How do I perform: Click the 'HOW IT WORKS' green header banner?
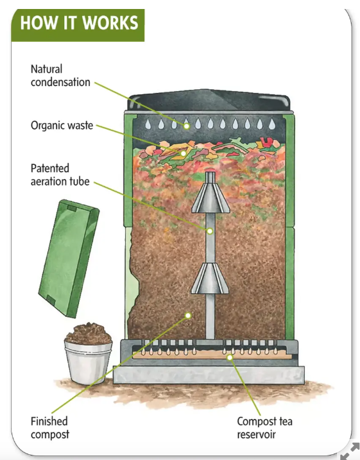coord(78,25)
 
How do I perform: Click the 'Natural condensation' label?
coord(60,76)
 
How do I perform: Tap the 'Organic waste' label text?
coord(62,125)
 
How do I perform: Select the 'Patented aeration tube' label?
coord(60,175)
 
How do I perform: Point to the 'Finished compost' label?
coord(50,428)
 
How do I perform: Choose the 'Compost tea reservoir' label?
coord(264,428)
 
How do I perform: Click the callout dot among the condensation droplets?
coord(187,126)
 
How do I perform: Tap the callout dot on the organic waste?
coord(184,153)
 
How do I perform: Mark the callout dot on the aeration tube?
coord(210,231)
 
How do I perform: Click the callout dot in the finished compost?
coord(188,316)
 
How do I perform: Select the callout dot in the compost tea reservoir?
coord(230,357)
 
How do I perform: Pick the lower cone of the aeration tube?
coord(210,278)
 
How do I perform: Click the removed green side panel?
coord(69,259)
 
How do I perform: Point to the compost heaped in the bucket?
coord(89,334)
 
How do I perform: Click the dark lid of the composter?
coord(209,100)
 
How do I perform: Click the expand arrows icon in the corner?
coord(350,451)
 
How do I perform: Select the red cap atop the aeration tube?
coord(210,170)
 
